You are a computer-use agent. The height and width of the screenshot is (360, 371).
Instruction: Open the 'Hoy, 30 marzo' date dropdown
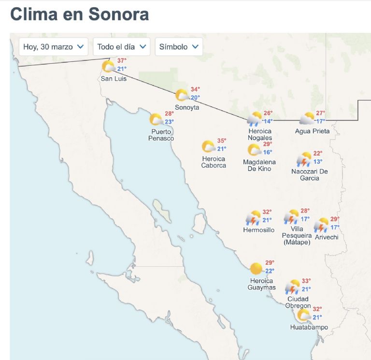coord(53,47)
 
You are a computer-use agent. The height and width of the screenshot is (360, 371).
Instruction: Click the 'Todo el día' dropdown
coord(121,47)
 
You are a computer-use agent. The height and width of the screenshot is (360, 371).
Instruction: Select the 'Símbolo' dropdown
coord(179,47)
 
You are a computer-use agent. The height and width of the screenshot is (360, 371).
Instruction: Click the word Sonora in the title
coord(119,14)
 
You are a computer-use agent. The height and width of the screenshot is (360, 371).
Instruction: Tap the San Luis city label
coord(114,78)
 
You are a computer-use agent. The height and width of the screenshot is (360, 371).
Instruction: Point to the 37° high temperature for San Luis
coord(122,61)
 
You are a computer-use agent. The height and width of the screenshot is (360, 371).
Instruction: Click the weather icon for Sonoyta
coord(182,95)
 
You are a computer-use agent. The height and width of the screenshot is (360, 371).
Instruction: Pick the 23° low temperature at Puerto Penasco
coord(169,122)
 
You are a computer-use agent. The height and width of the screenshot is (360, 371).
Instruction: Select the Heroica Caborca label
coord(214,162)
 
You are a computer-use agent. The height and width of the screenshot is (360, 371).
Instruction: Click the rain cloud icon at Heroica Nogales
coord(255,119)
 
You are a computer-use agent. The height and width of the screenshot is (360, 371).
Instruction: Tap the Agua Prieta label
coord(312,131)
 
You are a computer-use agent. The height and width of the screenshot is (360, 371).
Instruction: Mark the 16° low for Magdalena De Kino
coord(267,152)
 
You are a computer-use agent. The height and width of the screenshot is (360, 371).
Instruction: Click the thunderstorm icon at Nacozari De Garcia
coord(304,159)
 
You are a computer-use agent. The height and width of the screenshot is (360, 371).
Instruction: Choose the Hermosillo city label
coord(258,230)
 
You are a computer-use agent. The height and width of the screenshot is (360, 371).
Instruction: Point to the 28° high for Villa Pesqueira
coord(305,211)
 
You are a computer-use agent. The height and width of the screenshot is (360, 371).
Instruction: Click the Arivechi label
coord(327,237)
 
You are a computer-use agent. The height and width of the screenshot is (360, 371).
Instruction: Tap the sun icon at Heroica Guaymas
coord(256,268)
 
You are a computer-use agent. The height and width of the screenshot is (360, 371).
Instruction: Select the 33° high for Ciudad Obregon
coord(306,281)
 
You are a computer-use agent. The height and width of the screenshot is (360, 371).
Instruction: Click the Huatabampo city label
coord(309,327)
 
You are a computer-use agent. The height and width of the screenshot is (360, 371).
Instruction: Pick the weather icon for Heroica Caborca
coord(208,146)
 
